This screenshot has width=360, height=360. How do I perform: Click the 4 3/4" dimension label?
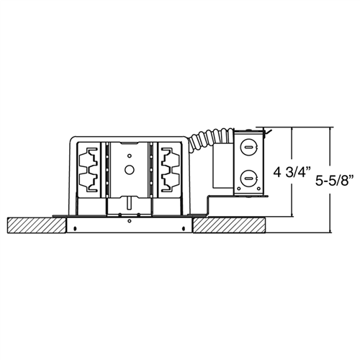[x=291, y=173]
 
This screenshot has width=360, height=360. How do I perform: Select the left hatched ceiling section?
[x=35, y=225]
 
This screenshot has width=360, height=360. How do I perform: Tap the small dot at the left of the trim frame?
[x=76, y=229]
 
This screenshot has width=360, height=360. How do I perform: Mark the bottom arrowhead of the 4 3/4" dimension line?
[x=292, y=215]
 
